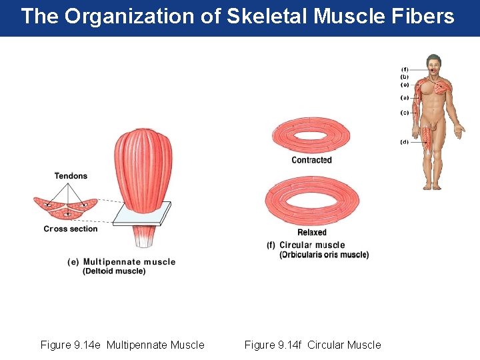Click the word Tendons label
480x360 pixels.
click(71, 176)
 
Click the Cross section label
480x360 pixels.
click(71, 229)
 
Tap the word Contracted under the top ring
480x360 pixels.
click(311, 160)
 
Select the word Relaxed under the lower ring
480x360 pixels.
click(311, 232)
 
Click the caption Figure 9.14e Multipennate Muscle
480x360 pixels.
click(123, 345)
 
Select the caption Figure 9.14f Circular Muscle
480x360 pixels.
click(313, 345)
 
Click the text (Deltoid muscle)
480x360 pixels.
click(114, 271)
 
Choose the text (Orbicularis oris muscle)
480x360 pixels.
click(324, 255)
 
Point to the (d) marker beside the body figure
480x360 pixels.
click(405, 142)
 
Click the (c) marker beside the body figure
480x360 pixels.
click(405, 113)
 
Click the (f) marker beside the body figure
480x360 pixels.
click(405, 69)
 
